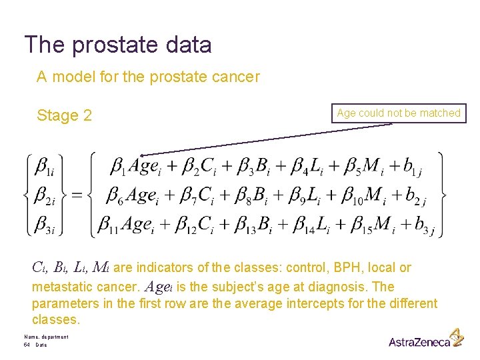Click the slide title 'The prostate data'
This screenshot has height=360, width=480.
(118, 45)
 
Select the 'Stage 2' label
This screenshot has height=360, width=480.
(64, 115)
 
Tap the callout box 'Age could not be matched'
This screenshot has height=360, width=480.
(399, 113)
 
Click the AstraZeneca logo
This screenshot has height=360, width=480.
(425, 339)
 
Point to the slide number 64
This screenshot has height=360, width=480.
(27, 345)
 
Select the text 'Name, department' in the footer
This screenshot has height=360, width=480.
(45, 337)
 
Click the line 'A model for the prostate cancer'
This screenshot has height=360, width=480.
(148, 77)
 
